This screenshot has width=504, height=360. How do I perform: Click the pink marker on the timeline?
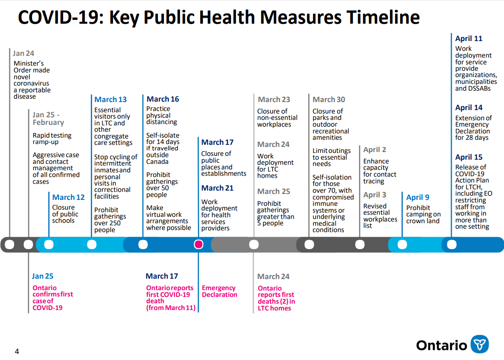(x=199, y=244)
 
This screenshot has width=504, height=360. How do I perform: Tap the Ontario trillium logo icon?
(x=479, y=344)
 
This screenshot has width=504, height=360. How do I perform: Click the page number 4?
(x=17, y=352)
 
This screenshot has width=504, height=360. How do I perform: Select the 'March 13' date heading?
(x=111, y=100)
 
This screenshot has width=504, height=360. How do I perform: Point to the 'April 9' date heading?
(x=418, y=197)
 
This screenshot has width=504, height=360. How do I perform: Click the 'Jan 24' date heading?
(x=23, y=53)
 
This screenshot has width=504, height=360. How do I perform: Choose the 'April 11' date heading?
(x=469, y=39)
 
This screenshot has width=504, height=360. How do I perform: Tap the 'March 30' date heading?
(x=329, y=100)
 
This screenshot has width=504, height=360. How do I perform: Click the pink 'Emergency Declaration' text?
(x=220, y=291)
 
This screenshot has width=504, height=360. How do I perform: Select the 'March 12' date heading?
(x=69, y=197)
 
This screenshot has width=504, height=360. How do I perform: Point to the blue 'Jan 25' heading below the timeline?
(x=42, y=276)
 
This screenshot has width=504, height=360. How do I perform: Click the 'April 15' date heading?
(x=469, y=158)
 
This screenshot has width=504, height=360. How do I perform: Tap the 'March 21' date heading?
(x=217, y=188)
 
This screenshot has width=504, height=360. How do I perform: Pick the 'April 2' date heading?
(x=375, y=150)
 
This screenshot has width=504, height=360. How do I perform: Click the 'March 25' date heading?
(x=273, y=191)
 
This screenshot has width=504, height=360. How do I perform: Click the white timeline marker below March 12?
(x=49, y=245)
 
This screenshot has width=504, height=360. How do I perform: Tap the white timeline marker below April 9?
(x=402, y=245)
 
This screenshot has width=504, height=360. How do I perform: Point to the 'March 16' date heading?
(x=163, y=99)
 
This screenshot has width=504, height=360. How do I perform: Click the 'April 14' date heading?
(x=469, y=108)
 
